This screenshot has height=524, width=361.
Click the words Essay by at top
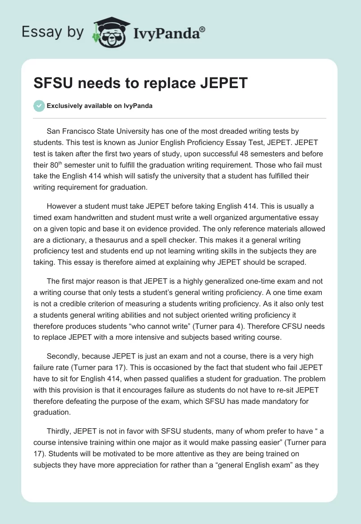(x=53, y=32)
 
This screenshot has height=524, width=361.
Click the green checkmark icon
(x=39, y=106)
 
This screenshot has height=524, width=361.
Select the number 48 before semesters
(x=241, y=154)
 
